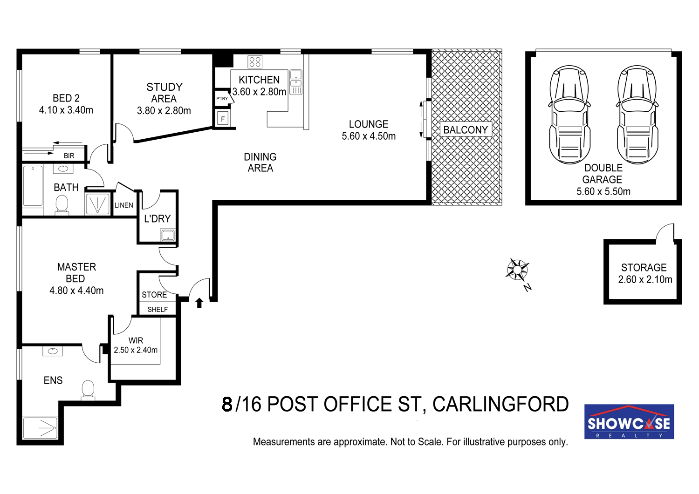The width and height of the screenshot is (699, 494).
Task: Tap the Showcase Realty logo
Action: click(x=629, y=421)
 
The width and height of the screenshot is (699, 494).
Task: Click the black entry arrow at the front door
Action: click(x=199, y=303)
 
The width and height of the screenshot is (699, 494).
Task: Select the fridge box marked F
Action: click(x=222, y=119)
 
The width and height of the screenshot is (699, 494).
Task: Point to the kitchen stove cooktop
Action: click(x=255, y=62)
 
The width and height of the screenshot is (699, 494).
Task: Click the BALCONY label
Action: click(x=465, y=129)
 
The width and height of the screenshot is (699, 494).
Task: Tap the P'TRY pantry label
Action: click(x=222, y=99)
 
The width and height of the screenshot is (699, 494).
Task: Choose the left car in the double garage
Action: click(x=569, y=115)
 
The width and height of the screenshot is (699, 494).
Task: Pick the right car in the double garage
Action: click(x=637, y=115)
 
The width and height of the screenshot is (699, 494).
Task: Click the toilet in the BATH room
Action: click(x=62, y=204)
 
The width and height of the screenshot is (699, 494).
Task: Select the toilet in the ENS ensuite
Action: click(x=88, y=390)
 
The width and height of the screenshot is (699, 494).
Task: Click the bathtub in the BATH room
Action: click(x=33, y=186)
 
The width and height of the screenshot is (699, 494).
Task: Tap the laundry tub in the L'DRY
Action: click(x=168, y=235)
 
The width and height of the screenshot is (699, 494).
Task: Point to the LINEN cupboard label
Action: click(x=124, y=205)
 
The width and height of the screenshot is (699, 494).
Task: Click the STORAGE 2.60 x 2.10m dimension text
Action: click(x=645, y=279)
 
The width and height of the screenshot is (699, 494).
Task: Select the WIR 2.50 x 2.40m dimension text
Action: click(x=136, y=350)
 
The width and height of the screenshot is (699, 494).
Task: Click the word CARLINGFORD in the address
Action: click(x=500, y=405)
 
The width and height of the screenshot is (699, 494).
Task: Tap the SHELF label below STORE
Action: click(x=158, y=309)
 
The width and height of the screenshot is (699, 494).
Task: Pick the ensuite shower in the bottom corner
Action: click(x=40, y=428)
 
